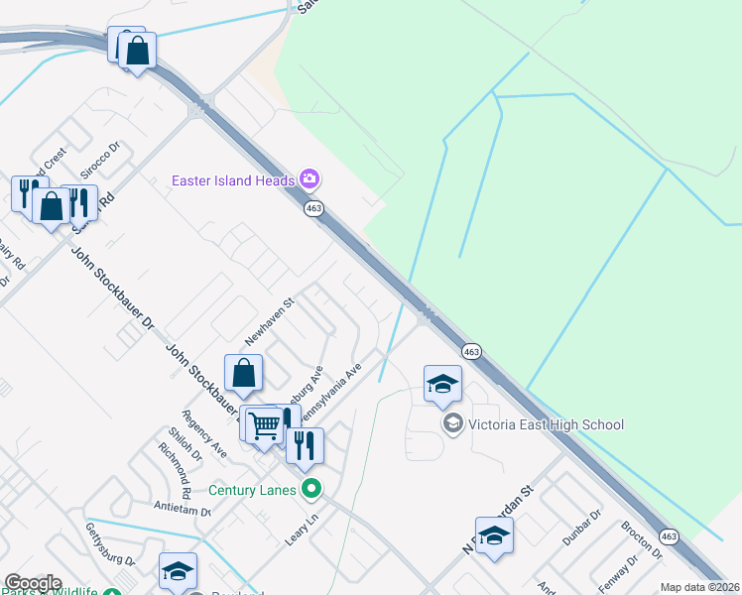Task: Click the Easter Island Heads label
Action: tap(233, 180)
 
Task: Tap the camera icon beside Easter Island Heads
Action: tap(309, 179)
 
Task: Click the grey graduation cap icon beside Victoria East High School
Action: tap(453, 424)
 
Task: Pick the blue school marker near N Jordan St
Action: tap(494, 537)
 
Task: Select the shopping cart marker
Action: tap(263, 425)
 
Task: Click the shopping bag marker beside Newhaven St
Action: tap(243, 375)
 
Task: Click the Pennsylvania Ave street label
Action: tap(341, 391)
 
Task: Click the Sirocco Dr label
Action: tap(100, 160)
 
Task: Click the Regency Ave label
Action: tap(204, 433)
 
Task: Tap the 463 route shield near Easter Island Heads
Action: tap(314, 208)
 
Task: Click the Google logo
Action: tap(33, 583)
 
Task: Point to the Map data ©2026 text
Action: tap(699, 587)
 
